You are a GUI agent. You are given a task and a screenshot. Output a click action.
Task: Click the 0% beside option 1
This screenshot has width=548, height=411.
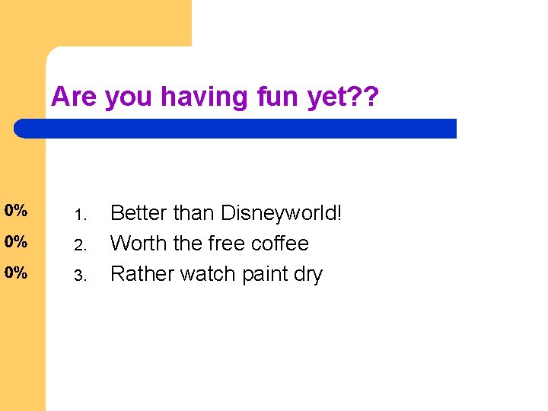[x=15, y=211]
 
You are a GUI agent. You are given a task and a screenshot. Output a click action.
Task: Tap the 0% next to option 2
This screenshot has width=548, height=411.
[x=15, y=242]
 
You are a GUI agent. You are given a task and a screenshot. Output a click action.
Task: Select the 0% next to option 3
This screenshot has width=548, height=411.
[x=15, y=272]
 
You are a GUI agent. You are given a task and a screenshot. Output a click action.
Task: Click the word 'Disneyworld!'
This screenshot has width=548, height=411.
[x=282, y=214]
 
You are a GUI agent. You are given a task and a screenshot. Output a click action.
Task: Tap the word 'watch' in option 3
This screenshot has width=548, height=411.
[x=204, y=274]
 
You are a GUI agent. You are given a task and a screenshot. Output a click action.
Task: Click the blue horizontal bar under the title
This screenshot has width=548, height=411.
[x=236, y=129]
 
